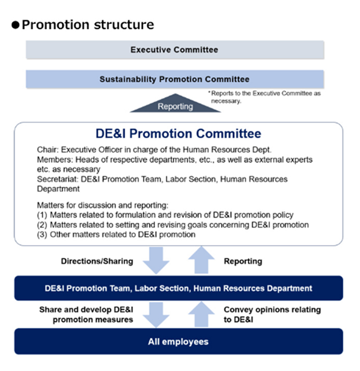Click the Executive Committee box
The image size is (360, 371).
click(174, 50)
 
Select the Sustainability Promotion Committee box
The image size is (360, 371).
click(174, 79)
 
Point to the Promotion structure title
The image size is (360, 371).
click(88, 25)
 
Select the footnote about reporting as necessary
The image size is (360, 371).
click(264, 96)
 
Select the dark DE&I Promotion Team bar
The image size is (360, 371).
click(178, 288)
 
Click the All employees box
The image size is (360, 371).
click(178, 341)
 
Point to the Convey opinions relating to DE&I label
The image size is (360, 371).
click(272, 314)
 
